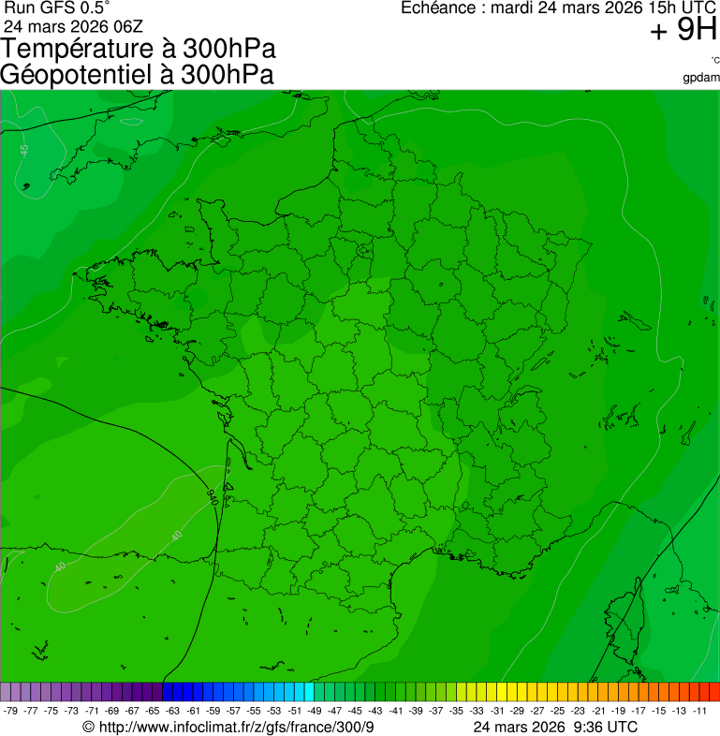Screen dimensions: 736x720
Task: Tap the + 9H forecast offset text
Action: click(683, 31)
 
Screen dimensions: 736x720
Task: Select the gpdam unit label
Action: click(701, 77)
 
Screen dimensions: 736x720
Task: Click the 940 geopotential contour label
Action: click(213, 497)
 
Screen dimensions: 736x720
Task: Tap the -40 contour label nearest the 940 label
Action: click(175, 536)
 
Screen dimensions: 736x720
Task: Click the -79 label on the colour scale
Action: click(11, 711)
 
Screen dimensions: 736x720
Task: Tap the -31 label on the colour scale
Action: click(497, 711)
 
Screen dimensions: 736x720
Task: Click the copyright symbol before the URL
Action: click(88, 728)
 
